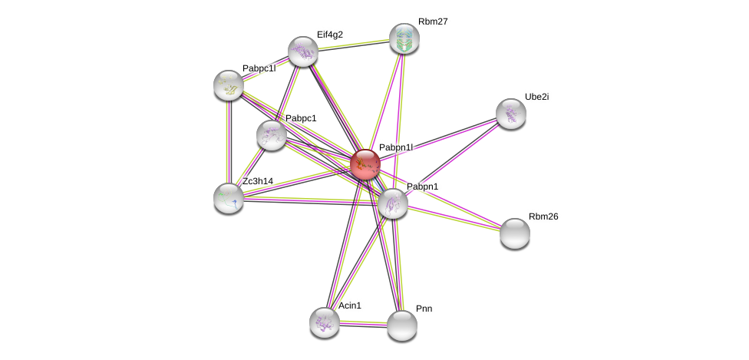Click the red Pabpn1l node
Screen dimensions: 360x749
pos(365,164)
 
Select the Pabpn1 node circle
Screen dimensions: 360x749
pos(392,203)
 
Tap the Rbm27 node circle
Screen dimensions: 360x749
pos(404,38)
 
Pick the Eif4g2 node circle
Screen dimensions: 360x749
pos(303,51)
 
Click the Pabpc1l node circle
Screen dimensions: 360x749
pos(229,85)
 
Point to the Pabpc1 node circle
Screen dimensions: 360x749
pos(271,135)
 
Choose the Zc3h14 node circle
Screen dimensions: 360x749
pos(229,198)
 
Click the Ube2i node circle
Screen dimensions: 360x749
pos(510,114)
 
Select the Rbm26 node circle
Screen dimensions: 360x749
pos(514,233)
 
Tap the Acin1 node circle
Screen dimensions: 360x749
pos(325,322)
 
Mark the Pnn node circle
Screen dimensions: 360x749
pos(401,325)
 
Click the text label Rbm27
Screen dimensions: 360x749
pos(433,21)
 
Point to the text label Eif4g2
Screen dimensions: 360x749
pos(330,35)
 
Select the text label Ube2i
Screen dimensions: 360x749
pos(536,97)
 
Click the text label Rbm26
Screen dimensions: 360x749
pos(543,216)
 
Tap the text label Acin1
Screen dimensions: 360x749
pos(350,306)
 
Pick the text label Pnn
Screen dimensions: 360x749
pos(424,309)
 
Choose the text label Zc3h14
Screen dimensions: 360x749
pos(258,181)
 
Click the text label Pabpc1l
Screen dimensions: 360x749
pos(259,68)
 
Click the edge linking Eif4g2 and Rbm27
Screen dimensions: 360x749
pos(353,45)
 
